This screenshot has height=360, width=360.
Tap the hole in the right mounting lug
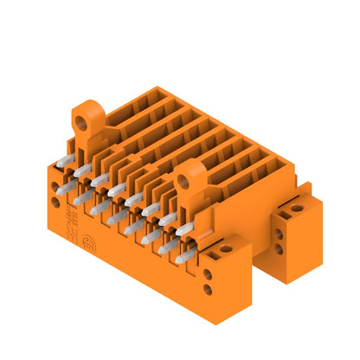coord(184,179)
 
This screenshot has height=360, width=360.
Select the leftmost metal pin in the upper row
coord(63,162)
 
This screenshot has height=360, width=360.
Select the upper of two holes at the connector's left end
coord(56,185)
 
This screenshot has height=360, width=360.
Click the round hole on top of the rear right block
coord(297,208)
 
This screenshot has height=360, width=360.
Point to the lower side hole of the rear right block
coord(280,249)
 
